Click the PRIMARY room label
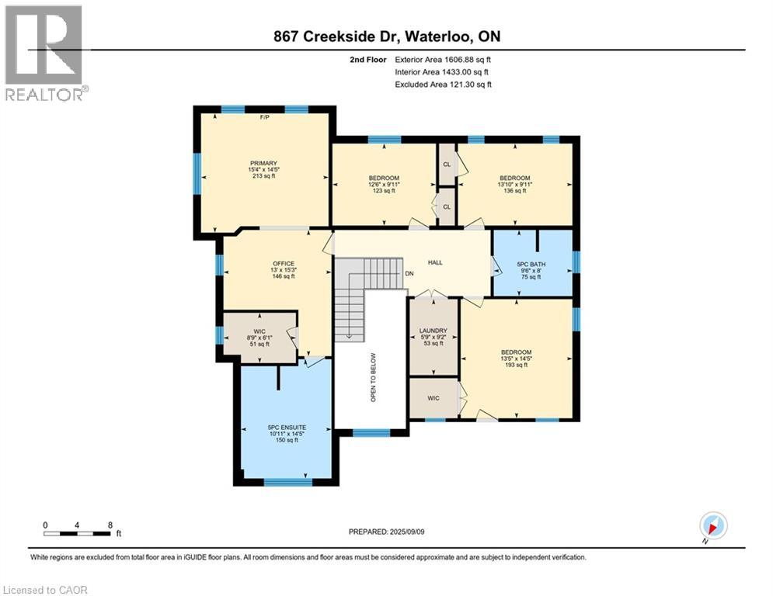coord(263,163)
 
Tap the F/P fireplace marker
coord(264,118)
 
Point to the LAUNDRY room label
coord(434,331)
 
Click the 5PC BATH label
coord(533,265)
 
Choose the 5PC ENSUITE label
coord(287,427)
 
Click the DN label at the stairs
coord(409,274)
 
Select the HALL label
coord(435,262)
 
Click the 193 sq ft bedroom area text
coord(516,365)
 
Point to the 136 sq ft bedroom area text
coord(514,191)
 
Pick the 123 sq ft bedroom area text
coord(384,191)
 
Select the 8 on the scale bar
coord(110,525)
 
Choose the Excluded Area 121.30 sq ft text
coord(444,85)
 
